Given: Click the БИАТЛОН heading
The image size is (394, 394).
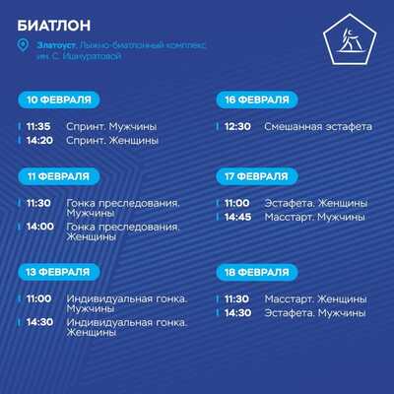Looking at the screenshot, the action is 54,26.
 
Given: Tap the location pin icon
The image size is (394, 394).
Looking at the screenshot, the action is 23,45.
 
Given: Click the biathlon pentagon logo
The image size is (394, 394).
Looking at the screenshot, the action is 350,39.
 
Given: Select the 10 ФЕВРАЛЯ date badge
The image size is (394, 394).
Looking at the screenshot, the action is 59,99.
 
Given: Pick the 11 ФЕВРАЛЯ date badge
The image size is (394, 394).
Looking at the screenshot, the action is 59,176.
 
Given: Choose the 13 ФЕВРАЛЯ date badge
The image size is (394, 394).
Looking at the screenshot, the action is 59,272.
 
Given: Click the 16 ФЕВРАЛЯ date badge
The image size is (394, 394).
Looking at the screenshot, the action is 257,99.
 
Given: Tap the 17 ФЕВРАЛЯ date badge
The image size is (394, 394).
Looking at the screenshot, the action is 257,176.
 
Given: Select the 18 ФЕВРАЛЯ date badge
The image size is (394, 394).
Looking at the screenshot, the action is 257,272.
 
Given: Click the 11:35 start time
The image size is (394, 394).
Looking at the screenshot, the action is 38,126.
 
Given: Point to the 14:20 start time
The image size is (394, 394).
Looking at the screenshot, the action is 39,141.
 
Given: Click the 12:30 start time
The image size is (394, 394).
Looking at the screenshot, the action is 237,126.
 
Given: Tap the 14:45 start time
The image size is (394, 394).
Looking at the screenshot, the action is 238,217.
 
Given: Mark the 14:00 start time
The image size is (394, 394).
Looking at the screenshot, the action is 40,227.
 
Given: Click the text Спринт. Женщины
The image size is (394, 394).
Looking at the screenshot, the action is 112,141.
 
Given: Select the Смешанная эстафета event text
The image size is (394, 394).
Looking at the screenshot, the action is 318,127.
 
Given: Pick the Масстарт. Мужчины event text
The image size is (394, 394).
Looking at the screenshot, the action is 315,217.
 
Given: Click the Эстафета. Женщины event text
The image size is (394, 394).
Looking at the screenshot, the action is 316,203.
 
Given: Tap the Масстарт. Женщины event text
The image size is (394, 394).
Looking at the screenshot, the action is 315,299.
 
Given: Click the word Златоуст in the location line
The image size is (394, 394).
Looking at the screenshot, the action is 57,45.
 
